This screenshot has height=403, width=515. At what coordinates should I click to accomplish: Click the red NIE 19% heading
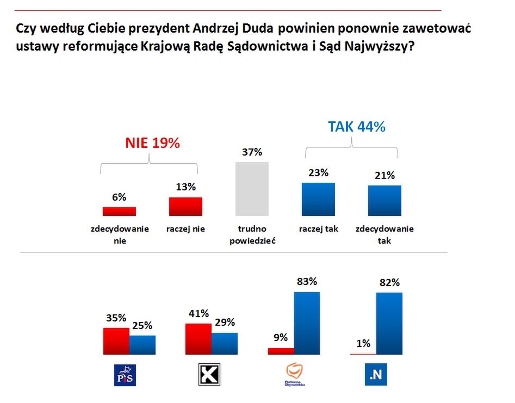pyautogui.click(x=152, y=143)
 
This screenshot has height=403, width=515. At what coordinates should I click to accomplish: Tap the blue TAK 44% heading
pyautogui.click(x=356, y=127)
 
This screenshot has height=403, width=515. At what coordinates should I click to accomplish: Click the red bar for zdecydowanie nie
pyautogui.click(x=119, y=212)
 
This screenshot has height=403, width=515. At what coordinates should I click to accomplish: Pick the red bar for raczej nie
pyautogui.click(x=185, y=207)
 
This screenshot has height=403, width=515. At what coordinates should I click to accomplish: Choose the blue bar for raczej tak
pyautogui.click(x=318, y=199)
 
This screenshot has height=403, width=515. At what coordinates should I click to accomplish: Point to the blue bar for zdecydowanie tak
pyautogui.click(x=384, y=201)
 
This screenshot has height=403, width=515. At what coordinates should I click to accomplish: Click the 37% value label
pyautogui.click(x=252, y=152)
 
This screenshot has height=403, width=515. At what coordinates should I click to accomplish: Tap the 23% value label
pyautogui.click(x=318, y=173)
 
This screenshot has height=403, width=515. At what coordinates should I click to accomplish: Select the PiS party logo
pyautogui.click(x=125, y=375)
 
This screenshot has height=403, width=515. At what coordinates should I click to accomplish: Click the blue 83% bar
pyautogui.click(x=307, y=323)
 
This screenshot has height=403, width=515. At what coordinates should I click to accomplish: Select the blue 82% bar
pyautogui.click(x=389, y=324)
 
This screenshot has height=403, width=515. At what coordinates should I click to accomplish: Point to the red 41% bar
pyautogui.click(x=198, y=339)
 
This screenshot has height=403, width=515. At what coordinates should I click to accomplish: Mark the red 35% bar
pyautogui.click(x=116, y=341)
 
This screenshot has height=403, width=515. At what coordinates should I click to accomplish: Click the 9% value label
pyautogui.click(x=281, y=337)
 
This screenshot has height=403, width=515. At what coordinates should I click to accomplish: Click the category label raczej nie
pyautogui.click(x=185, y=229)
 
